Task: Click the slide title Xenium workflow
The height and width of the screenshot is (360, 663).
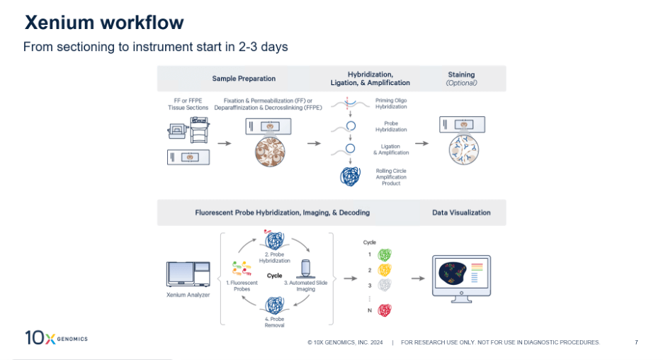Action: (104, 23)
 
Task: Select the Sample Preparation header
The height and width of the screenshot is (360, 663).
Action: (244, 79)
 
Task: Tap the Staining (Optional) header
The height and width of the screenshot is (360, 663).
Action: (461, 79)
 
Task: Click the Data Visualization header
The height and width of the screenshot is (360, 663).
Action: (461, 213)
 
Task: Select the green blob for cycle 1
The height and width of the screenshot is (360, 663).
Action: (384, 254)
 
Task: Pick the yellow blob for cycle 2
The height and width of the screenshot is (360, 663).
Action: (384, 270)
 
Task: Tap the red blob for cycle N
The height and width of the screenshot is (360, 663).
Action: (384, 310)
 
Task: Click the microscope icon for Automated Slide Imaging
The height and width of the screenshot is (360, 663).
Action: (305, 268)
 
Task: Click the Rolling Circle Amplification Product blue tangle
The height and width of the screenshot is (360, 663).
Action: (349, 176)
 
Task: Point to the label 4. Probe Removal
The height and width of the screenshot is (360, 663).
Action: (274, 322)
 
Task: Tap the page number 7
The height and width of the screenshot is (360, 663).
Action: (636, 342)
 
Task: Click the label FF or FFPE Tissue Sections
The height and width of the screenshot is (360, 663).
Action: (188, 103)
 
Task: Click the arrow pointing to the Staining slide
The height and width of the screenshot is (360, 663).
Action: (421, 143)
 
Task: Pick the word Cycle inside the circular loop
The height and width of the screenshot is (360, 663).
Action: (274, 276)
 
